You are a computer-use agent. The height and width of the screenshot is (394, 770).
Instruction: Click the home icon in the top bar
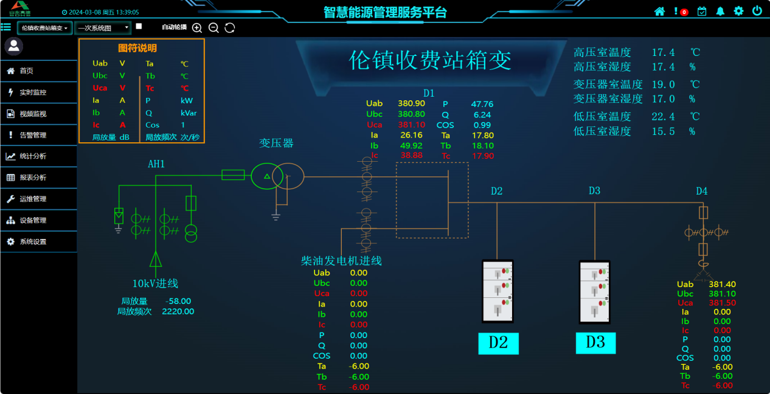point(659,11)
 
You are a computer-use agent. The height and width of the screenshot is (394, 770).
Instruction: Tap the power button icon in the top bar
point(757,11)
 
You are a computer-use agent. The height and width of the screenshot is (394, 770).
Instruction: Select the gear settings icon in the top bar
point(738,11)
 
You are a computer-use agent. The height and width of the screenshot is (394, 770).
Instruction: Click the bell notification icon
point(720,11)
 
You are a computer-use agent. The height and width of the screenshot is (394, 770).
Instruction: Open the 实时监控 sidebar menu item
point(33,92)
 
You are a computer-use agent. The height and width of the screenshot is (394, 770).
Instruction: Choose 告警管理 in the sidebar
point(33,135)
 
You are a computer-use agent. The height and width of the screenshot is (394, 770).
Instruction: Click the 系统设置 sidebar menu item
point(33,241)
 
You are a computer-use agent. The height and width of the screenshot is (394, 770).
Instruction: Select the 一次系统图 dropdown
point(103,27)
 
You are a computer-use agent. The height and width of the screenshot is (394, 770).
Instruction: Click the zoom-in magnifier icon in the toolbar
point(197,27)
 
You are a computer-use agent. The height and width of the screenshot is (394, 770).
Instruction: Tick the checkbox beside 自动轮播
point(139,26)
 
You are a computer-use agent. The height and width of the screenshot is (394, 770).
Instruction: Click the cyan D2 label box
point(498,342)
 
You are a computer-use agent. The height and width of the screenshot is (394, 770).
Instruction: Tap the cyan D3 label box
point(595,342)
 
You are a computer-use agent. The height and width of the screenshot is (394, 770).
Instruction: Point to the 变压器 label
point(276,143)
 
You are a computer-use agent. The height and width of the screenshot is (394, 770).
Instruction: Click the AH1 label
point(156,164)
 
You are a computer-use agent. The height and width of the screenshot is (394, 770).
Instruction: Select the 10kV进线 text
point(155,283)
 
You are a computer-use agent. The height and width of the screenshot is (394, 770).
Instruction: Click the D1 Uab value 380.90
point(411,104)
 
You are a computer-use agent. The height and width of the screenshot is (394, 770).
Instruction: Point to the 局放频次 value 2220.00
point(178,311)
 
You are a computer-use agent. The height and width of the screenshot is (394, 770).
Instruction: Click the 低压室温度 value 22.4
point(663,116)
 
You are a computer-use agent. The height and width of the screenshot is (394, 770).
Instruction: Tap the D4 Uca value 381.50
point(722,303)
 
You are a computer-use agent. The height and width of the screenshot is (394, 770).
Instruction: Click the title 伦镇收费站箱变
point(429,60)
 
